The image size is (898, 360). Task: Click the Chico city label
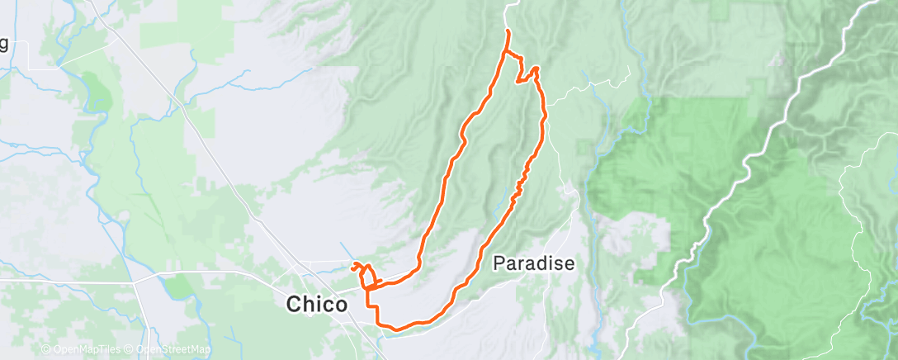click(317, 305)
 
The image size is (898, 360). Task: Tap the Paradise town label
click(533, 263)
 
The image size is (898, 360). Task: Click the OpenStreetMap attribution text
click(174, 350)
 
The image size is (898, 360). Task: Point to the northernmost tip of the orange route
click(507, 31)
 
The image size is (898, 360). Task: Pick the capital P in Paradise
click(499, 263)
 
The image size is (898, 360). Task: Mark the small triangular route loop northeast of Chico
click(366, 276)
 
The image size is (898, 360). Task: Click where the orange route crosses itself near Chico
click(368, 286)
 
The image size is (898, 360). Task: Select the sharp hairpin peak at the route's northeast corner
click(536, 69)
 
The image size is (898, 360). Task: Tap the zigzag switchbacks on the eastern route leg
click(520, 182)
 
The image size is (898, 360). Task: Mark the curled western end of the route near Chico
click(355, 265)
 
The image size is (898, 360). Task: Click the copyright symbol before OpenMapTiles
click(45, 350)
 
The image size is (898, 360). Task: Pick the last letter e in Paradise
click(568, 263)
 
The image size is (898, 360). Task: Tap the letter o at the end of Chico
click(341, 305)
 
